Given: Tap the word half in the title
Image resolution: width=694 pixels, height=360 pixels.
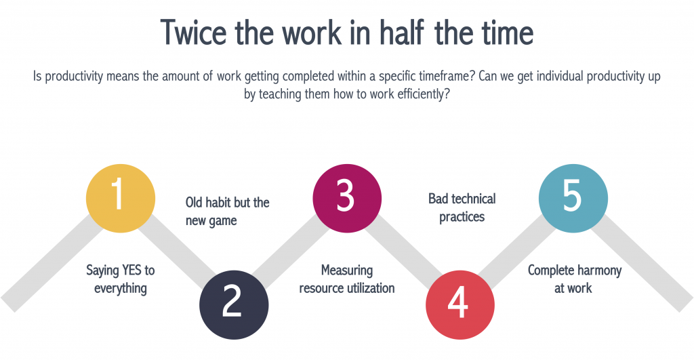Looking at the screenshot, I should (411, 32).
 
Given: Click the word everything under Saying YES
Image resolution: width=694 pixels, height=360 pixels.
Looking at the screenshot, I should (120, 288).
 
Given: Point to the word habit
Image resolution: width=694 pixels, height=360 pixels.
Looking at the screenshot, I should (225, 203).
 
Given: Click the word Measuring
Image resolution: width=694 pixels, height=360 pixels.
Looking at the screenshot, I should (347, 271).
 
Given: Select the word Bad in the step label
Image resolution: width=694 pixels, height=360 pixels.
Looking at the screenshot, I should (438, 199).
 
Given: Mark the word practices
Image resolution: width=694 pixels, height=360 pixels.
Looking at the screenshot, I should (462, 217).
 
